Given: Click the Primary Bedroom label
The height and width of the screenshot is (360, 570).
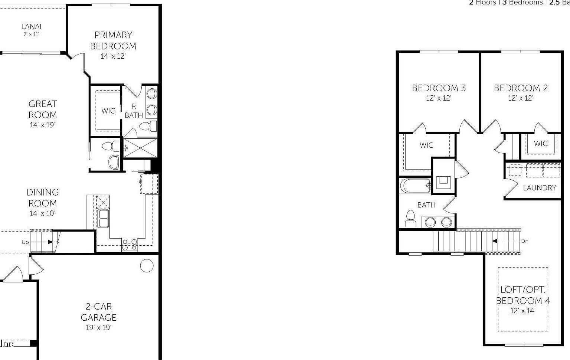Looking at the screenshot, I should coord(113,40).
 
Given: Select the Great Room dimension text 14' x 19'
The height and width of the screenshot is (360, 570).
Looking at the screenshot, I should coord(42,125).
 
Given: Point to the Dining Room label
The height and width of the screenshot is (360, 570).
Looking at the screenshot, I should coord(43,197).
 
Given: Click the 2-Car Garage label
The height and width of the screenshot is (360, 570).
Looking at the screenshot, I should coord(98,312).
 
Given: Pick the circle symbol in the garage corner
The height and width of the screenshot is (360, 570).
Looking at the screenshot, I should coord(147,266).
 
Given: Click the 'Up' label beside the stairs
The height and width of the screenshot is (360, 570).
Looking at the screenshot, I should coord(25,242).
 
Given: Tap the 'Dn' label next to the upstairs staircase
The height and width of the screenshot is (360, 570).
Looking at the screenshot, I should coord(524,241).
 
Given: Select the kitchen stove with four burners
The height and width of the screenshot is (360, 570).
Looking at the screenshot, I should coord(130,244).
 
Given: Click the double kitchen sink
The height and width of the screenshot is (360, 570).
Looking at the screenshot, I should coord(103,218).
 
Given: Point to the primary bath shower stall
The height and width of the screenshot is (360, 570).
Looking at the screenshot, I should coord(141,148).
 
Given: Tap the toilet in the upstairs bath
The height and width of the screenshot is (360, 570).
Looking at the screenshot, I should coord(410,218).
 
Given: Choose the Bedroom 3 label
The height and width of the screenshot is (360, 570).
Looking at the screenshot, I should coord(439,88).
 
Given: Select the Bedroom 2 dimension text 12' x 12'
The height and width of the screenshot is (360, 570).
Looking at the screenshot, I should coord(520,98).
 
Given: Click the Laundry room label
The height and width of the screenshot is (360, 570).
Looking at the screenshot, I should coord(539,188).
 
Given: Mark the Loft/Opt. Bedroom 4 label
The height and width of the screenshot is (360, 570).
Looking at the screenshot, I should coord(523,295).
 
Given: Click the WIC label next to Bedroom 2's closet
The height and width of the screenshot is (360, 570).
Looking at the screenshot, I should coord(541,143).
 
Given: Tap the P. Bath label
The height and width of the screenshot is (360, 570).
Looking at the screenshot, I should coord(134,111).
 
